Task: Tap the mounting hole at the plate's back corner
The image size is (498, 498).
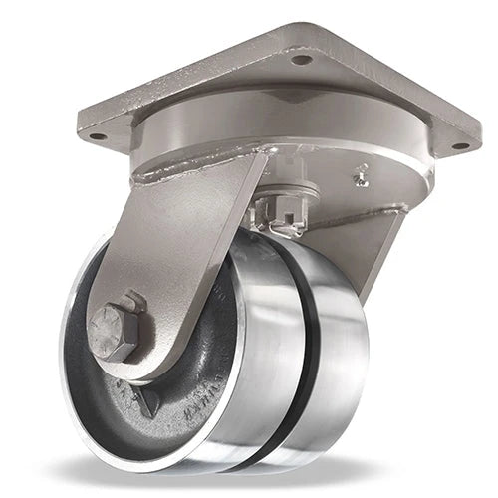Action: [x=300, y=60]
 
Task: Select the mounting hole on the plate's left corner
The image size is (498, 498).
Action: [x=97, y=136]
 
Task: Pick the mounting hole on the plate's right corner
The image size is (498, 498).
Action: [x=459, y=145]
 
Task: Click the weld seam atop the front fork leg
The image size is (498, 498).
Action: [x=199, y=174]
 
